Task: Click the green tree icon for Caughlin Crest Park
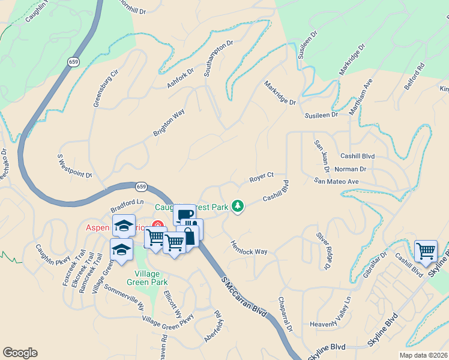pos(238,207)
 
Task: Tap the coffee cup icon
pos(185,215)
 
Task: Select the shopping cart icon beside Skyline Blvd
pos(426,250)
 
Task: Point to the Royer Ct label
pos(261,178)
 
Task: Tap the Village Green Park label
pos(146,277)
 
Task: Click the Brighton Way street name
pos(169,123)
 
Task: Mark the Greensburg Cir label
pos(106,88)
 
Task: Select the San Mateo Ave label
pos(336,181)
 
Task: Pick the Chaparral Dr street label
pos(285,314)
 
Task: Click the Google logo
pos(20,353)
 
